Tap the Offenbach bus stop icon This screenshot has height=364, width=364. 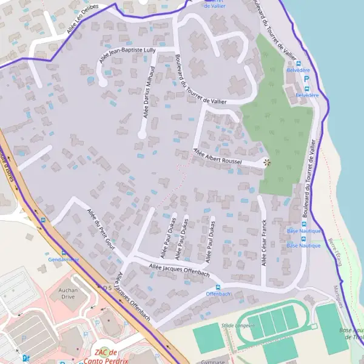coord(218,286)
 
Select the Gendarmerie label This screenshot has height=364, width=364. coord(64,259)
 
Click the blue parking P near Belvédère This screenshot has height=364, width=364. coord(306,79)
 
